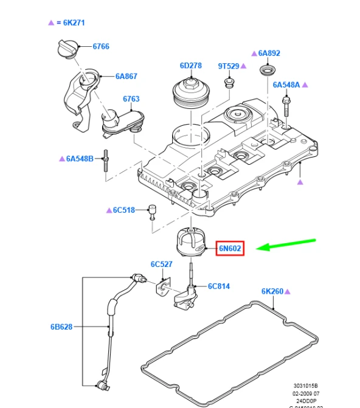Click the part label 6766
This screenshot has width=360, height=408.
pos(101,47)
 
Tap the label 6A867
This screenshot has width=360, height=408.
pos(126,77)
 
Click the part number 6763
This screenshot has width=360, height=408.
pos(131,99)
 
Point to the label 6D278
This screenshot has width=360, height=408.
pos(190,65)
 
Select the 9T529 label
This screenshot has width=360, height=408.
pos(229,65)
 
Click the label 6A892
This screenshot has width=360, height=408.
pos(269,54)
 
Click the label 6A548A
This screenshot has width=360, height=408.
pos(286,85)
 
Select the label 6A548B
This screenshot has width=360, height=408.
pos(80,159)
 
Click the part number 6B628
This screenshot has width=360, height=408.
pos(61,327)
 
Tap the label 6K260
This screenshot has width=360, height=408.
pos(273,291)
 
